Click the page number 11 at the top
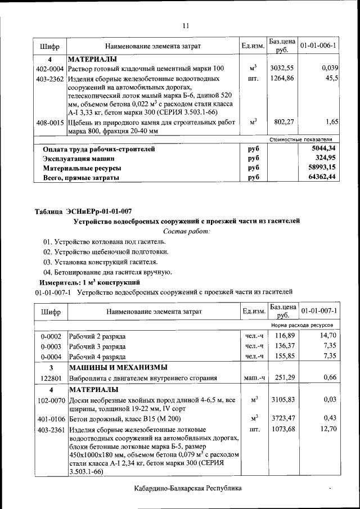tap(186, 25)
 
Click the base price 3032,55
tap(282, 67)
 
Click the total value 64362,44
tap(323, 177)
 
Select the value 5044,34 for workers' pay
tap(323, 149)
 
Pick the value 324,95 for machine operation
tap(326, 159)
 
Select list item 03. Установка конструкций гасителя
tap(100, 262)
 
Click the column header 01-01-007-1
tap(319, 311)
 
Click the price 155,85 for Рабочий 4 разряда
tap(282, 356)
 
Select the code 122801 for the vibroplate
tap(50, 379)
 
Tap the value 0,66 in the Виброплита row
tap(330, 378)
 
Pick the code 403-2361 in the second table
tap(50, 430)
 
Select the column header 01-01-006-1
tap(319, 45)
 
